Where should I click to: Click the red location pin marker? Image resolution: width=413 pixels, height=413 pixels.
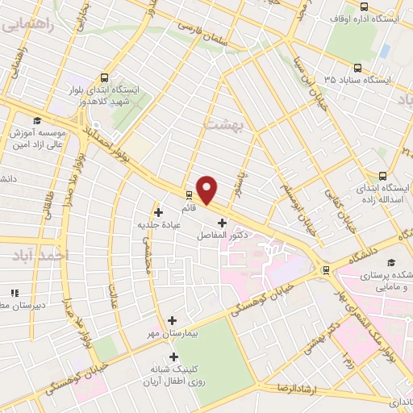pyautogui.click(x=207, y=190)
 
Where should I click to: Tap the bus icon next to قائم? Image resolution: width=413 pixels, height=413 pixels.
pyautogui.click(x=188, y=194)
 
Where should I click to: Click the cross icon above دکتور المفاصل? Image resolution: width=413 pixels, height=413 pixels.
pyautogui.click(x=222, y=222)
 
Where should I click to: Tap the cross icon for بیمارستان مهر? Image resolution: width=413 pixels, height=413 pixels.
pyautogui.click(x=173, y=320)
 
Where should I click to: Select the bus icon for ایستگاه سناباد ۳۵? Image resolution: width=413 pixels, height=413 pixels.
pyautogui.click(x=357, y=68)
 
